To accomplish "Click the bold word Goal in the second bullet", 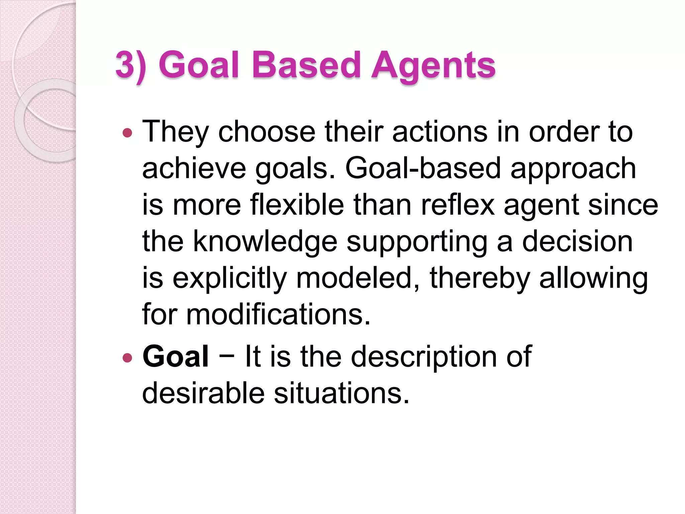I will [x=176, y=357].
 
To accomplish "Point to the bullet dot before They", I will [x=127, y=133].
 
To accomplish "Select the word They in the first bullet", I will [x=176, y=132].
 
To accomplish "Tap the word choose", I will [x=267, y=132].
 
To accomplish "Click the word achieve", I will [x=194, y=169].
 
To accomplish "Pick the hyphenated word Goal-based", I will [x=423, y=169].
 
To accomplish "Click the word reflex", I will [x=458, y=205].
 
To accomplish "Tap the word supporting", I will [x=417, y=242].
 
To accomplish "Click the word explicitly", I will [x=230, y=278].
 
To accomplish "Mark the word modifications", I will [x=278, y=315].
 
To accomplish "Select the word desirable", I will [x=203, y=393].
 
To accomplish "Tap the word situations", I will [x=341, y=393].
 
